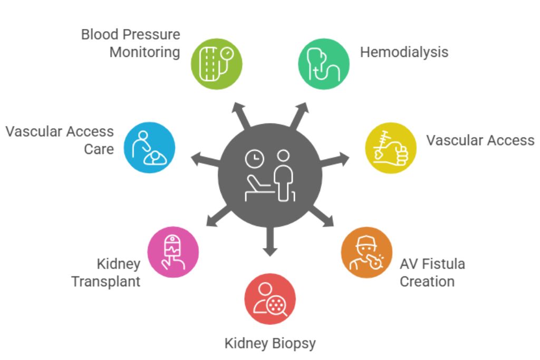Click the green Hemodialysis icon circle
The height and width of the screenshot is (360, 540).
324,63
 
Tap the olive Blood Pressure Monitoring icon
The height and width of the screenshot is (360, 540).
217,63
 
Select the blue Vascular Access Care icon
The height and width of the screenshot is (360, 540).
150,148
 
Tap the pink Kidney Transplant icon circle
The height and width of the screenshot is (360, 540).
173,253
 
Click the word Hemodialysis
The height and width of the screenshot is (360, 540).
404,52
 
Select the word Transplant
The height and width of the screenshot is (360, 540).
106,281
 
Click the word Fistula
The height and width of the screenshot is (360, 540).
440,264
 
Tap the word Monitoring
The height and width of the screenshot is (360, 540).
144,53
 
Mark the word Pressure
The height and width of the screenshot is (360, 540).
152,35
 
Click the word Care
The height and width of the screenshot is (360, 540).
99,149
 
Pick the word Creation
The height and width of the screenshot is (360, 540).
427,281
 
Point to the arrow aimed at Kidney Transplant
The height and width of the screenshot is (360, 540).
216,216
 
